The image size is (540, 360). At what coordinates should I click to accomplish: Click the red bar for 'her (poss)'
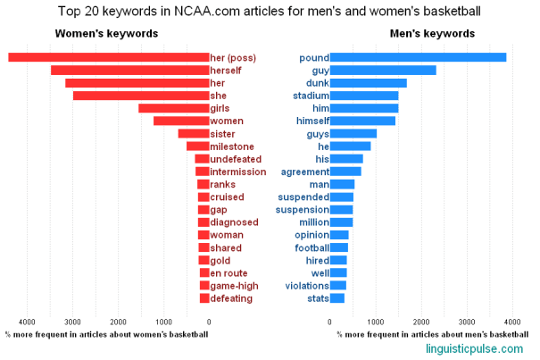108,57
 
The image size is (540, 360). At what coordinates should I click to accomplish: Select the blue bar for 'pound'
419,57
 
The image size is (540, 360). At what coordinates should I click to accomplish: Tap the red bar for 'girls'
173,108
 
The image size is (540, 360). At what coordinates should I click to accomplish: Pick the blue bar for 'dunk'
369,83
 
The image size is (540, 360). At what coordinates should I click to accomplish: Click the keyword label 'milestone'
232,147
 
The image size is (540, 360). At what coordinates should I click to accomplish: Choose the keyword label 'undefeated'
237,159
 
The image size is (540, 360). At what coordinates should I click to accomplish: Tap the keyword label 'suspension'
303,210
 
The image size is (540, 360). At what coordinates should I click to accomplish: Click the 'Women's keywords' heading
107,34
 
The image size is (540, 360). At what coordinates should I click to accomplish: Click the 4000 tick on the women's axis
28,322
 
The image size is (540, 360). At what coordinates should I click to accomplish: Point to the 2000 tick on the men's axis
421,322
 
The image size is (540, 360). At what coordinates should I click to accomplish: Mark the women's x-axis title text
106,334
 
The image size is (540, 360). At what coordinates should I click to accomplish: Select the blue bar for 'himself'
362,121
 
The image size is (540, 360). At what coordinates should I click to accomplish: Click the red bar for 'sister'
193,134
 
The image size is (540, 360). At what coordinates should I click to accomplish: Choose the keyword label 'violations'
306,286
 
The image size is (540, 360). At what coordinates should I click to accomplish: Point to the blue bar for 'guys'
353,134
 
